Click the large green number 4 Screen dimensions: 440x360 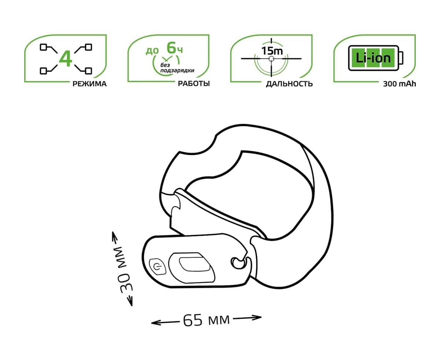(66, 59)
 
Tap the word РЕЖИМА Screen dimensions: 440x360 (89, 84)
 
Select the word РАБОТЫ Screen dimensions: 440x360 (194, 84)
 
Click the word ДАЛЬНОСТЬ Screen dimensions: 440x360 (289, 84)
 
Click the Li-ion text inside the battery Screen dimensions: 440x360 (373, 58)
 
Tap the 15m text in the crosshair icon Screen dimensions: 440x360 (272, 51)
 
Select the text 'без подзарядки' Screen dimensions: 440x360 (177, 68)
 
